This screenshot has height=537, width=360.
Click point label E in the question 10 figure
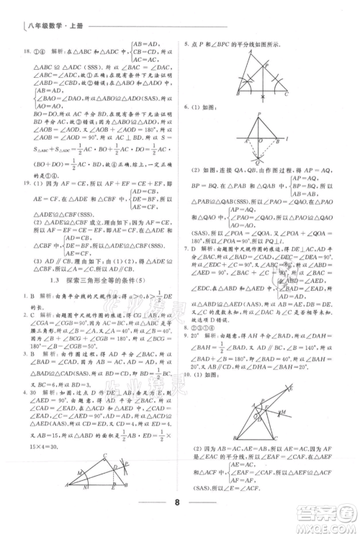click(292, 387)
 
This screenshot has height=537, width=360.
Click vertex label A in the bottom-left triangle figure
click(66, 484)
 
